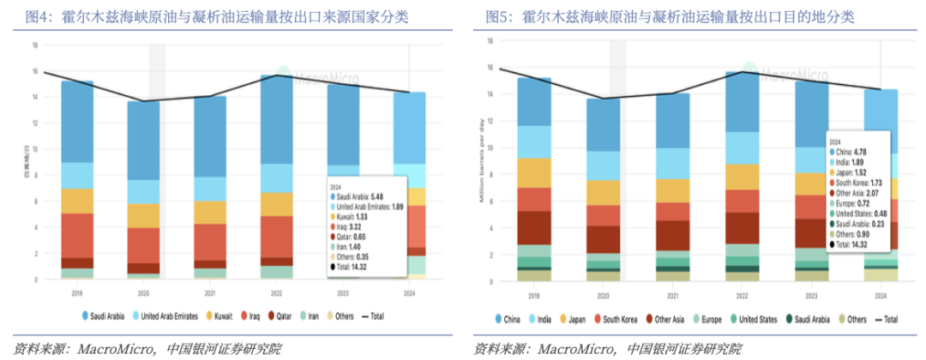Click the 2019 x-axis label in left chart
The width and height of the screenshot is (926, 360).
click(77, 292)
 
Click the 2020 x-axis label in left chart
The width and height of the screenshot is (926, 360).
click(143, 292)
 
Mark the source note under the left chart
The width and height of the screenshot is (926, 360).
click(141, 348)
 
